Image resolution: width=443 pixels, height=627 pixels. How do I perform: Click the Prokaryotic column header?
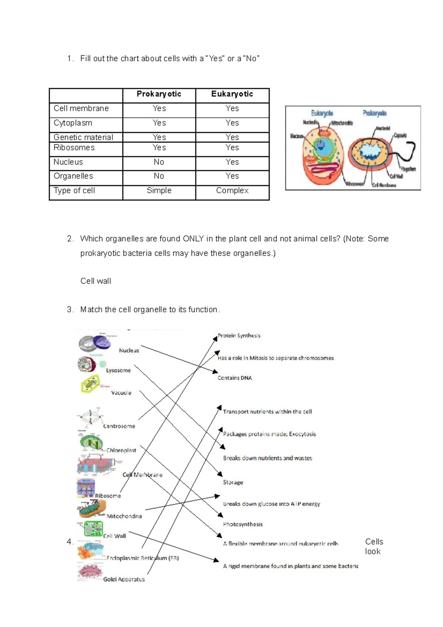click(x=159, y=94)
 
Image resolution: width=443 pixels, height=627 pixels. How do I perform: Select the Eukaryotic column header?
click(x=232, y=94)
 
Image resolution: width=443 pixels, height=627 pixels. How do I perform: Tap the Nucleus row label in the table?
click(x=68, y=162)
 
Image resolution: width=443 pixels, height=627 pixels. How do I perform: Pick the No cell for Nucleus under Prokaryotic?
click(x=159, y=162)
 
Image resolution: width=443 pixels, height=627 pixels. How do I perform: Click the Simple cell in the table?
click(x=159, y=191)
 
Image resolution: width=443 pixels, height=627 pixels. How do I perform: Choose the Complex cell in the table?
click(x=232, y=191)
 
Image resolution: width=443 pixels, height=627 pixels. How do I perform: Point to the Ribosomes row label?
click(x=74, y=148)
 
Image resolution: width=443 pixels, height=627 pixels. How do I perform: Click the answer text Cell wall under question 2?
click(x=96, y=281)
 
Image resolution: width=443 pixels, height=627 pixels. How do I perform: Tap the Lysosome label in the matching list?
click(x=118, y=370)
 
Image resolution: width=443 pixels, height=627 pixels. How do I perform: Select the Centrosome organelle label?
click(x=119, y=426)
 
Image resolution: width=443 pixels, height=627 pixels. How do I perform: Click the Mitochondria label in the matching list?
click(x=124, y=516)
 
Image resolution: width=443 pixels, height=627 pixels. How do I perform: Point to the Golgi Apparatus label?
click(x=124, y=579)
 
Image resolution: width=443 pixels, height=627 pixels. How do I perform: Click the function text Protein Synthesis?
click(x=239, y=336)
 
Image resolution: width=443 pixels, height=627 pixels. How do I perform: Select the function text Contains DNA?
click(x=234, y=378)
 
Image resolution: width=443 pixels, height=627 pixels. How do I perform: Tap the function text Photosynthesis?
click(x=243, y=524)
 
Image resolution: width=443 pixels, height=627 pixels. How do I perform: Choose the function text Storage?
click(x=233, y=482)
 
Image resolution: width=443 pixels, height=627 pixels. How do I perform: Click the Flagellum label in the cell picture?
click(x=408, y=169)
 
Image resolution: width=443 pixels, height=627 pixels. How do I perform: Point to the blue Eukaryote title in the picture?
click(x=322, y=113)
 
